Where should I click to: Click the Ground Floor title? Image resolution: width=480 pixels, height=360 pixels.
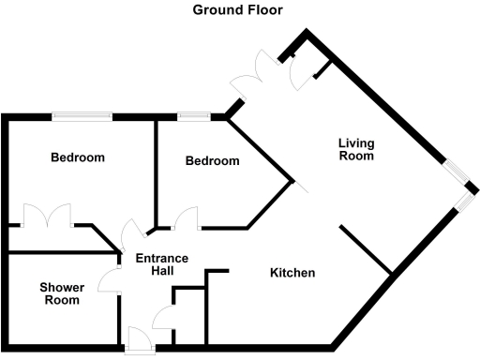point(237,10)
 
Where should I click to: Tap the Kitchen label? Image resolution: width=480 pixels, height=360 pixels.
point(292,274)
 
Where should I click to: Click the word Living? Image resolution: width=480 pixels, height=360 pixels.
point(356,143)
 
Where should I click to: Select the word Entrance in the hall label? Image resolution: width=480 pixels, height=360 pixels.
point(162,259)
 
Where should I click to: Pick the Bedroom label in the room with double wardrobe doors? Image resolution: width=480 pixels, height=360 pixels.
point(77,157)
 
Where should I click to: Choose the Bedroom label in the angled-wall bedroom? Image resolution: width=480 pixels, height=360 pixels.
point(212,161)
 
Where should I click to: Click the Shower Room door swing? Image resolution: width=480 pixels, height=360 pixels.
point(111,278)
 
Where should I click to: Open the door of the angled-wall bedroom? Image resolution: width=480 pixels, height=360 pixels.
point(186,217)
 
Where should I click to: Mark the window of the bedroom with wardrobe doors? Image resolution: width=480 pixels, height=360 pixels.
point(82,116)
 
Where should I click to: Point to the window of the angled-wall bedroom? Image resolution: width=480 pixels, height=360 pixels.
point(194,116)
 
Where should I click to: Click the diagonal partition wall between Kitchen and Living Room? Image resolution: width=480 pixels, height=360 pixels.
point(365,250)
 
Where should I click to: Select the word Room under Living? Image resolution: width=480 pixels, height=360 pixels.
point(356,157)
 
